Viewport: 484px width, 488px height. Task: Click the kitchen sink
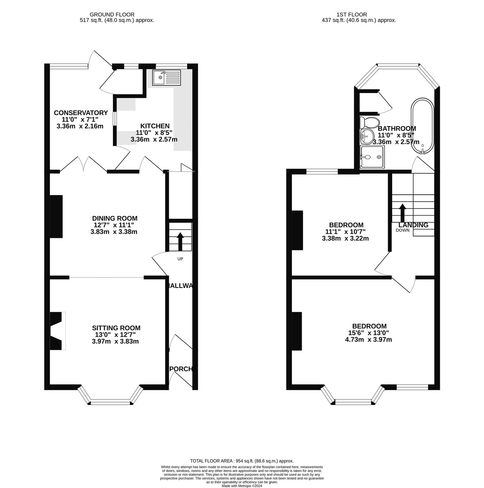pos(166,77)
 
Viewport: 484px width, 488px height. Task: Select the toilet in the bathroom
pos(369,122)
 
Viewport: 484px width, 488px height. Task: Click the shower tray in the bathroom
pos(371,157)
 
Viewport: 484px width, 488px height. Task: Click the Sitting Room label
pos(116,328)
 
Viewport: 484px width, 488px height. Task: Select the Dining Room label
pos(115,218)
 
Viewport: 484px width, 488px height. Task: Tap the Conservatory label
pos(81,113)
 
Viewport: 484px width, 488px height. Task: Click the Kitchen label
pos(155,126)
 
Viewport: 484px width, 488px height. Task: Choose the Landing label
pos(413,225)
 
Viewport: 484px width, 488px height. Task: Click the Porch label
pos(181,369)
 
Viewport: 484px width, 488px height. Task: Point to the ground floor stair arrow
pos(180,242)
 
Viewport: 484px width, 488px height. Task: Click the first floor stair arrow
pos(402,212)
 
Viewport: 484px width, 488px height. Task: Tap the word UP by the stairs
pos(180,259)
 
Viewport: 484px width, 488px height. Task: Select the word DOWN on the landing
pos(403,230)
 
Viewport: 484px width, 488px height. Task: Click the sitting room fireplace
pos(57,331)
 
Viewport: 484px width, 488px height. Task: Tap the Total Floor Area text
pos(242,461)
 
